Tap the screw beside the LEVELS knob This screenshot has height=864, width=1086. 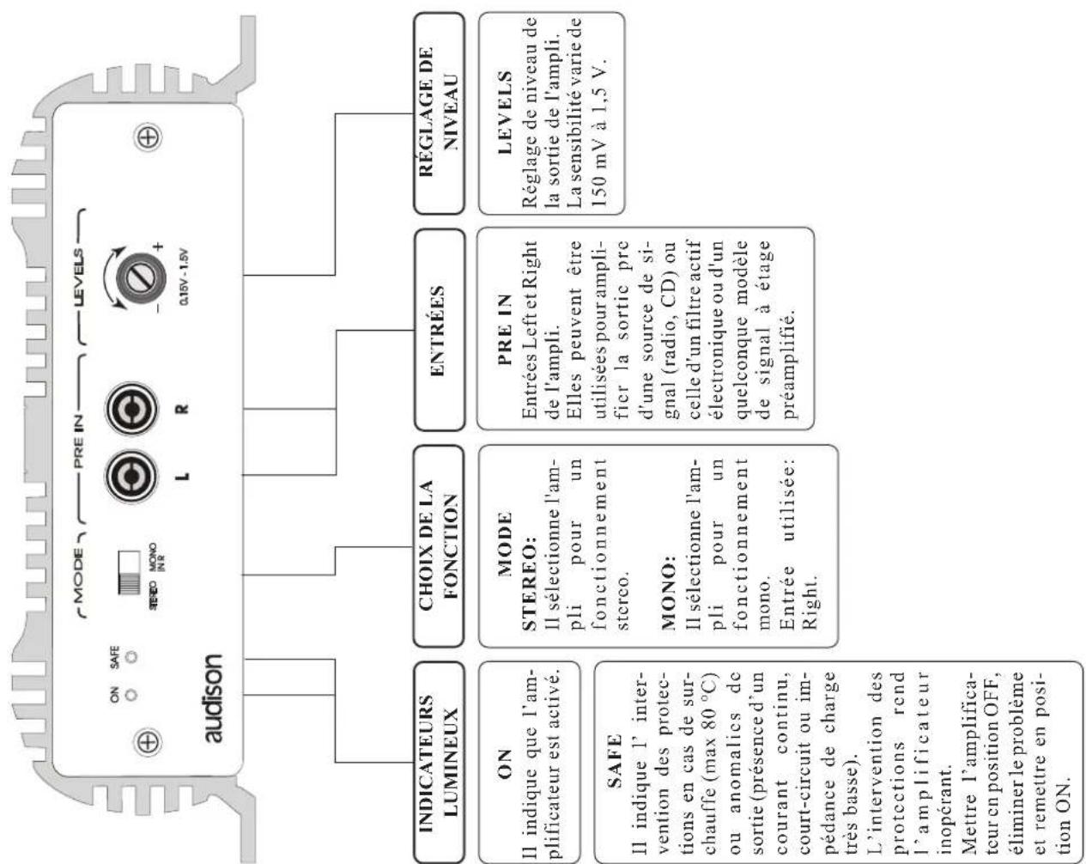click(149, 137)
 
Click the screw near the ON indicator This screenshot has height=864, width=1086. click(148, 741)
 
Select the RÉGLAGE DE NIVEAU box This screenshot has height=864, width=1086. click(439, 113)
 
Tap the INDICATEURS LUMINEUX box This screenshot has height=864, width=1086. click(439, 761)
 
